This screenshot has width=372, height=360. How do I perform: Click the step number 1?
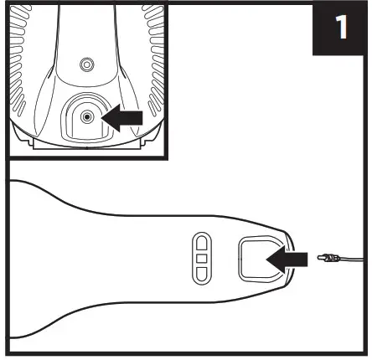point(341,28)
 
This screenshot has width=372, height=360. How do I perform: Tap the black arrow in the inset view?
point(121,120)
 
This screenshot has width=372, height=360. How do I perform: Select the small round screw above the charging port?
point(82,64)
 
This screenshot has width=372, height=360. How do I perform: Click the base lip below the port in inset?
point(84,145)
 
